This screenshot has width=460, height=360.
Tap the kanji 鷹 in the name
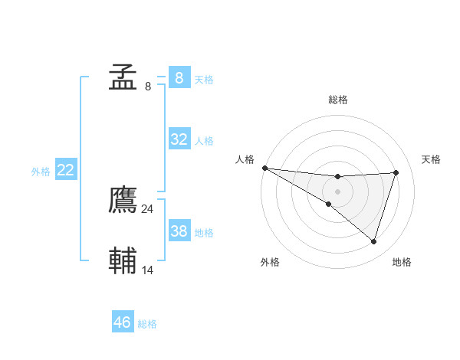123,201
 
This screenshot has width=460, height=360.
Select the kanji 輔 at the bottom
123,261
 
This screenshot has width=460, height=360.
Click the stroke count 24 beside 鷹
147,208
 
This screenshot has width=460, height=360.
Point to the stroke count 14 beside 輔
148,270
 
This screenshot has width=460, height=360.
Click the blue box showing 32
179,139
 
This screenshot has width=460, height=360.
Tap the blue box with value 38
179,231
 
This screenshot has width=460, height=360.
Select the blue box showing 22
66,170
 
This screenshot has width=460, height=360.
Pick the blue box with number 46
123,322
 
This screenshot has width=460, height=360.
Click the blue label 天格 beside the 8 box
204,79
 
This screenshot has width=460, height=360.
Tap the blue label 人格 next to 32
204,141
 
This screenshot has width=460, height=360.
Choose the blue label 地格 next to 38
204,233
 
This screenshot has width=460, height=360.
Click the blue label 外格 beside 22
41,172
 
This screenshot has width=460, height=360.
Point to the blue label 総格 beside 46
147,324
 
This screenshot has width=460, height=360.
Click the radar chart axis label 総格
337,100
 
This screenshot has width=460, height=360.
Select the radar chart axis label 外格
270,262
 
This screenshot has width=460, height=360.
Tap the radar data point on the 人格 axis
264,168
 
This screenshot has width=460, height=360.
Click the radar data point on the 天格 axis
396,172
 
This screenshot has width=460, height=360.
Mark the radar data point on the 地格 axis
374,241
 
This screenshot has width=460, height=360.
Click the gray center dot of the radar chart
337,191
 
